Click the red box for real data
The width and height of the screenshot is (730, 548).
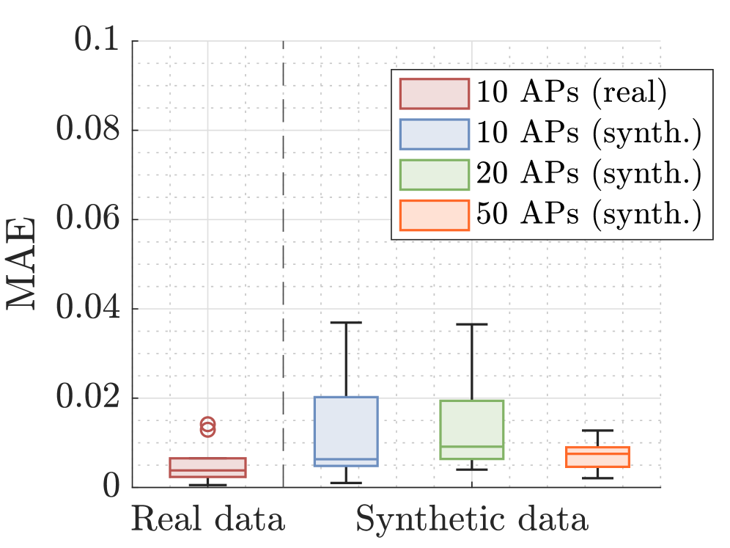208,467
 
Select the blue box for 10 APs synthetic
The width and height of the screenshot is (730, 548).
347,431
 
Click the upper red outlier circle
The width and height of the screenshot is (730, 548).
208,424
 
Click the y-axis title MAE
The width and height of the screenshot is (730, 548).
23,264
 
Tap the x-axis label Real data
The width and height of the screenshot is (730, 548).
208,519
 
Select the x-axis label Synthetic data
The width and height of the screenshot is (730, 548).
472,519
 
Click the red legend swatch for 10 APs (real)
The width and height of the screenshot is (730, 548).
434,93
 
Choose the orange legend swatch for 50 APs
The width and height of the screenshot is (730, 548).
434,214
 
